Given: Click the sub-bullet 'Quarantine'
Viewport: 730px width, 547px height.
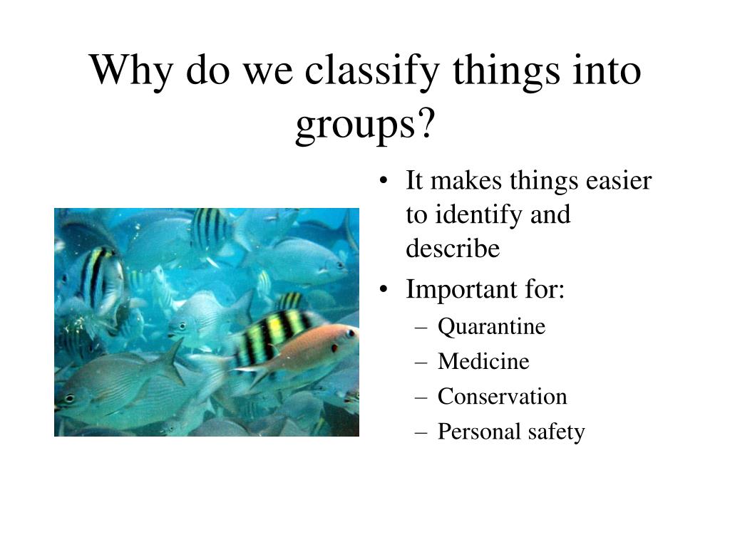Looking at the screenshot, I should click(x=491, y=327).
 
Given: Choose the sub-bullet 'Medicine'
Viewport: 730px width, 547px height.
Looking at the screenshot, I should click(x=483, y=362).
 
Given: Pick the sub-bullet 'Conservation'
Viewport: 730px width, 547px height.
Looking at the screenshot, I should click(x=502, y=397).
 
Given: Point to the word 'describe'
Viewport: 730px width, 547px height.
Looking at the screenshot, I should click(x=453, y=249).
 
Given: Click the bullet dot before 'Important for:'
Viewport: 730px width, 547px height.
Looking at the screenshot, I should click(x=386, y=291).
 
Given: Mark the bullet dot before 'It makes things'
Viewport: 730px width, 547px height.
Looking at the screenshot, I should click(x=386, y=182).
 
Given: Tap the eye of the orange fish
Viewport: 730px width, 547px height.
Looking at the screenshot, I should click(x=349, y=333).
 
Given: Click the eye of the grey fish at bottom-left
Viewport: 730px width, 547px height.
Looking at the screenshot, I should click(x=69, y=398).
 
